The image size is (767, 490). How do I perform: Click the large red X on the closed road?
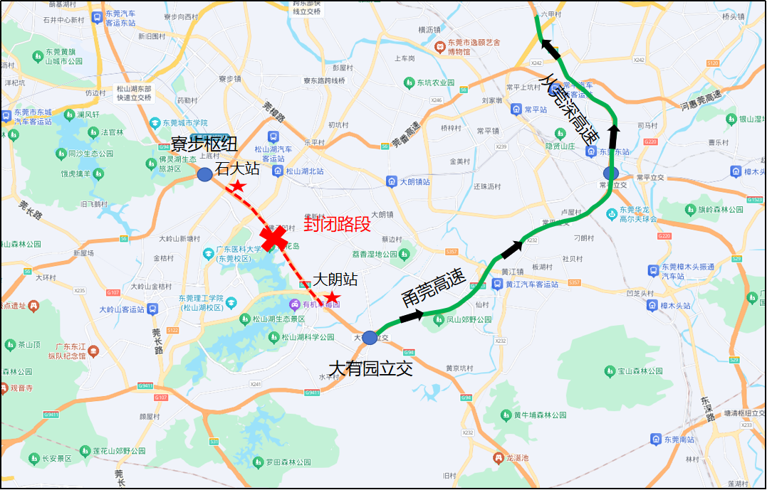tap(274, 238)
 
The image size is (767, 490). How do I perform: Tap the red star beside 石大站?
tap(238, 186)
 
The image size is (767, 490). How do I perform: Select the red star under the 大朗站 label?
tap(332, 297)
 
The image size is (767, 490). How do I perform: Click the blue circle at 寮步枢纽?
tap(204, 174)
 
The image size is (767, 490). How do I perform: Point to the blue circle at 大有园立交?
tap(369, 338)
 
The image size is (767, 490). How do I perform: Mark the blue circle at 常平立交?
tap(610, 173)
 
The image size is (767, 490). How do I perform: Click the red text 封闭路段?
tap(338, 224)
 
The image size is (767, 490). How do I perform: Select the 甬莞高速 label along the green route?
tap(433, 285)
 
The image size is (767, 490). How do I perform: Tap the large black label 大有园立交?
tap(370, 368)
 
